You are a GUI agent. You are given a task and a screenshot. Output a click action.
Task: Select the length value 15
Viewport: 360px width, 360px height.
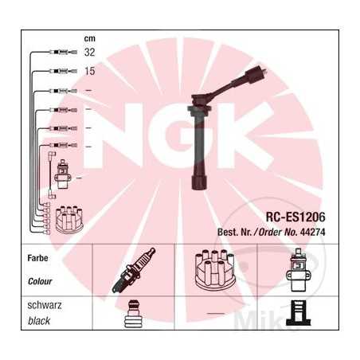pyautogui.click(x=89, y=71)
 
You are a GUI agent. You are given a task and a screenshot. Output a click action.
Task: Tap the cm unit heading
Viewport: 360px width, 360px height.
pyautogui.click(x=89, y=38)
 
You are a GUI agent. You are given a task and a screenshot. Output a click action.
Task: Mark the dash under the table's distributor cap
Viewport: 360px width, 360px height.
pyautogui.click(x=215, y=314)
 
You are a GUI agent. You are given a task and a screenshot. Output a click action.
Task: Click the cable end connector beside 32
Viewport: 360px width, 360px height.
pyautogui.click(x=58, y=53)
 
